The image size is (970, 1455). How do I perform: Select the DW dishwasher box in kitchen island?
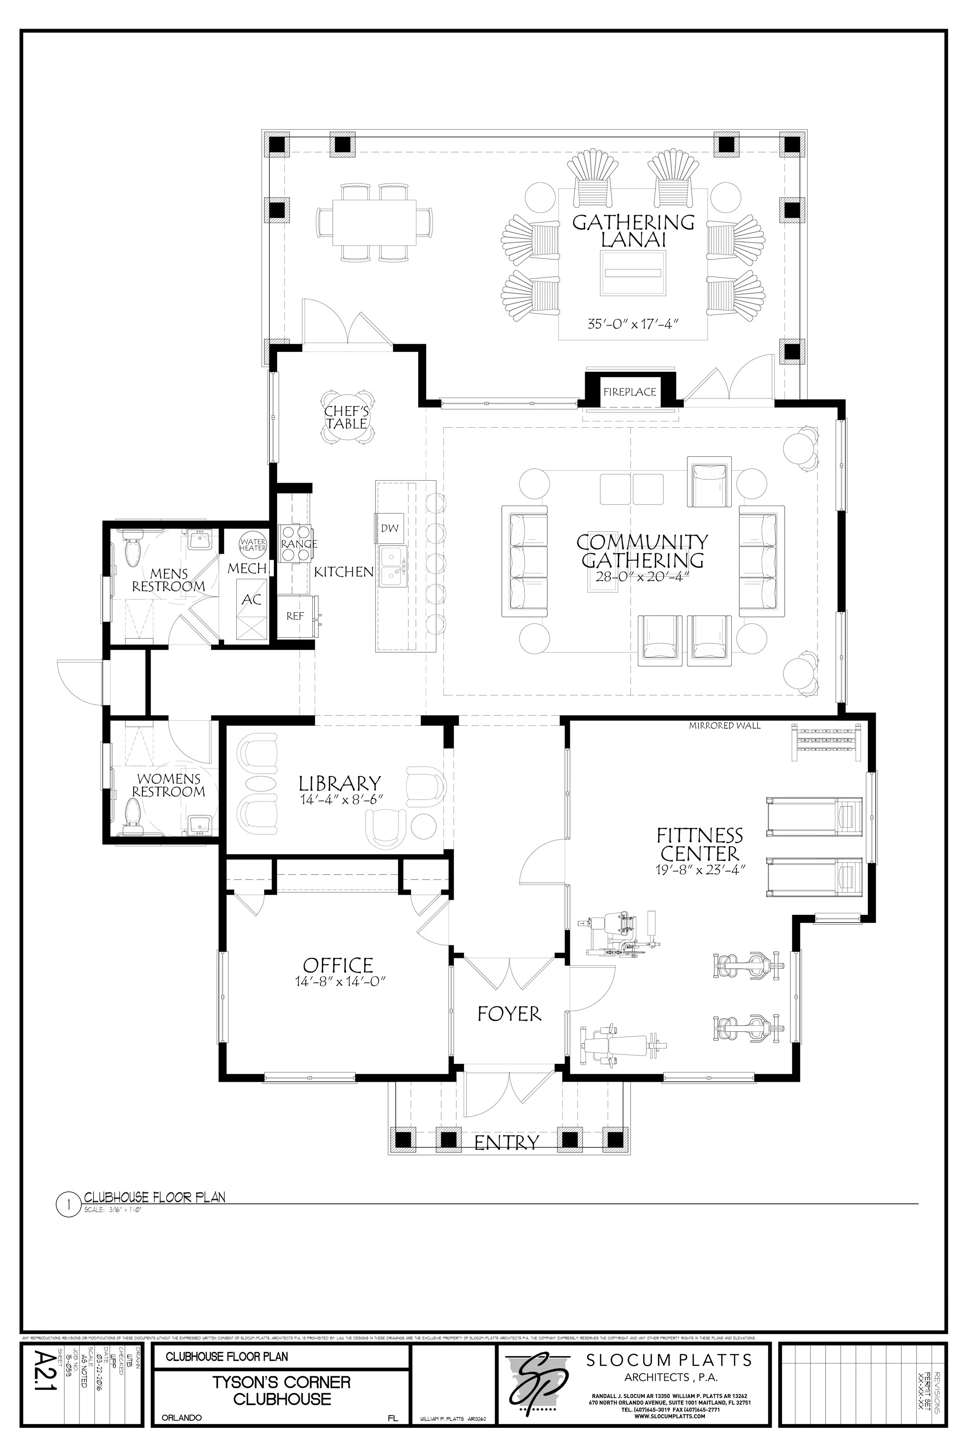click(x=389, y=528)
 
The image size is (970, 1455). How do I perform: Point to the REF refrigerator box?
click(x=295, y=616)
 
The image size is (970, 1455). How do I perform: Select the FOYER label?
click(x=509, y=1013)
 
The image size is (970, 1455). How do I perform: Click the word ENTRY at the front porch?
click(x=507, y=1142)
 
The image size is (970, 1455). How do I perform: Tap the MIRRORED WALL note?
click(x=724, y=726)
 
